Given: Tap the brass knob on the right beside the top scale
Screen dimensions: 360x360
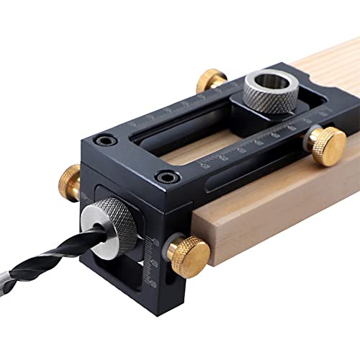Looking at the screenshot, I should tap(328, 146).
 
